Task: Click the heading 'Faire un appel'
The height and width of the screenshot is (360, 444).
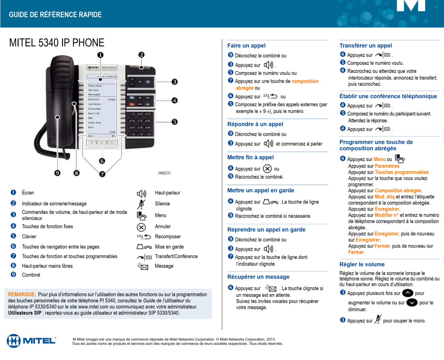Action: point(246,46)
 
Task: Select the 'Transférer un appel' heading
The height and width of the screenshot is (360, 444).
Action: point(365,46)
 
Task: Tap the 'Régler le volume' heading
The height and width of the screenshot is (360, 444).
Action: point(362,264)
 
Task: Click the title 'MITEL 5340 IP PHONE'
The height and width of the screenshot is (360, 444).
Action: point(57,43)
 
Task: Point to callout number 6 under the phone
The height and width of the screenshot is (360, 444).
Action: point(102,161)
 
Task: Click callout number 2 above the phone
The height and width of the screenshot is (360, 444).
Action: point(141,55)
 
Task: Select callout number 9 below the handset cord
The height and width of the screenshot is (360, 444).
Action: point(57,173)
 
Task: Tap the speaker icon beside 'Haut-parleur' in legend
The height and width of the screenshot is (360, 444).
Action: point(141,194)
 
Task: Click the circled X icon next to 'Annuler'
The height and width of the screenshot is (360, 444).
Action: point(141,227)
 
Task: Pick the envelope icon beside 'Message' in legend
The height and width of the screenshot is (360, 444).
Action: point(143,267)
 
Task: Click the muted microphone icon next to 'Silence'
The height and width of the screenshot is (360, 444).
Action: point(141,204)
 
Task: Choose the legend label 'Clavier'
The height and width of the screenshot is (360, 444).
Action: point(29,237)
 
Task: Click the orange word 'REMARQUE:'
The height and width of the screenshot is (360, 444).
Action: point(22,295)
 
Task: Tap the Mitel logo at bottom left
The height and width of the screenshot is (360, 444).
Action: point(31,341)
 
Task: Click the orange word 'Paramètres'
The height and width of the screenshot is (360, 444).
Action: point(387,166)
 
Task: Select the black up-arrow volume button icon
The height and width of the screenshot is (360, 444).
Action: point(408,293)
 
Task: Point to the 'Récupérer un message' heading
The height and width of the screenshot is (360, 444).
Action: point(258,277)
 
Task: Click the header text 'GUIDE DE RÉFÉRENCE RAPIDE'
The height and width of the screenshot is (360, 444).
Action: point(55,15)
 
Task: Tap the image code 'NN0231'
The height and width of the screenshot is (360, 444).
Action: point(165,173)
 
